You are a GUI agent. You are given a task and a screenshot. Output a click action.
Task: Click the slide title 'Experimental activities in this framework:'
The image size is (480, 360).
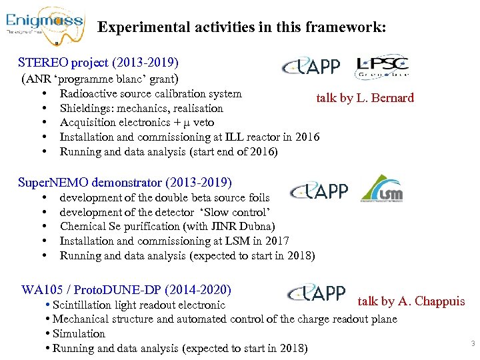[241, 28]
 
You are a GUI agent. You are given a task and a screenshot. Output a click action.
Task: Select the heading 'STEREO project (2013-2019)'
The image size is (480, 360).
[98, 63]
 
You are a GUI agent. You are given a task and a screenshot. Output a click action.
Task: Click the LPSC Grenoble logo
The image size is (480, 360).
[383, 67]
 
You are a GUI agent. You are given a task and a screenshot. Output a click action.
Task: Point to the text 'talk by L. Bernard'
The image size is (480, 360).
[365, 98]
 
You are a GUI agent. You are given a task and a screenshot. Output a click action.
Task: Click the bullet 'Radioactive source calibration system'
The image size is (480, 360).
[151, 93]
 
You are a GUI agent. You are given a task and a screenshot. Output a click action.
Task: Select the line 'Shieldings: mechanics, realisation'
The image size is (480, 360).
[141, 108]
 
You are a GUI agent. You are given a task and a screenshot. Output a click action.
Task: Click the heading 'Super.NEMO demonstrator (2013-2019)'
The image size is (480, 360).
[125, 182]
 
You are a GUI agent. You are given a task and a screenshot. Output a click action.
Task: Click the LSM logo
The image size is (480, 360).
[381, 189]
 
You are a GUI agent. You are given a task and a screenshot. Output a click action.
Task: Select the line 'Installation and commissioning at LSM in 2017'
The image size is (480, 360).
[174, 241]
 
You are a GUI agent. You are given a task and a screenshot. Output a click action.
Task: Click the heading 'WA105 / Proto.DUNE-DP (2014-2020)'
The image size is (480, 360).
[127, 290]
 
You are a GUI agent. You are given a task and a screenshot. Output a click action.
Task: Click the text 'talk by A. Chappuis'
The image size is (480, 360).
[411, 301]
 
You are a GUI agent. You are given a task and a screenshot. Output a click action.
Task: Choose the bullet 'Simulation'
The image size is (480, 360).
[79, 334]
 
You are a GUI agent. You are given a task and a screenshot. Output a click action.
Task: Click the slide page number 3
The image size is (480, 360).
[472, 344]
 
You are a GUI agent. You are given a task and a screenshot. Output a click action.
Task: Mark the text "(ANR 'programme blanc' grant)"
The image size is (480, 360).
[101, 79]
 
